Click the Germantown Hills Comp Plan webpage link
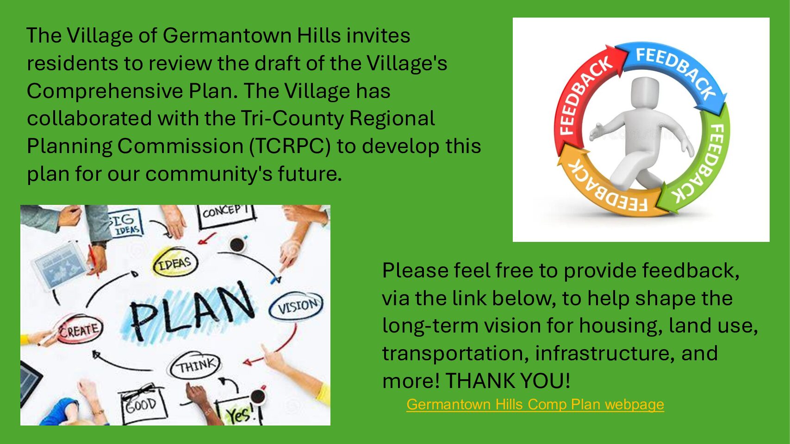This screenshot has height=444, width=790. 535,404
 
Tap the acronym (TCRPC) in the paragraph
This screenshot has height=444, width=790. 290,146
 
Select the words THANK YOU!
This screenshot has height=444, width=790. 508,381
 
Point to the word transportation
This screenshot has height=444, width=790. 455,353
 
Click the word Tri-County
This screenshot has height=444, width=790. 292,119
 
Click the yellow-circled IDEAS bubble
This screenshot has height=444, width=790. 175,263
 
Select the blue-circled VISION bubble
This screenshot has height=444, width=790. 296,306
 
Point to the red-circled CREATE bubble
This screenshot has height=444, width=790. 80,330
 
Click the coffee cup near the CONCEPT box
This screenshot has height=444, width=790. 237,244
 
